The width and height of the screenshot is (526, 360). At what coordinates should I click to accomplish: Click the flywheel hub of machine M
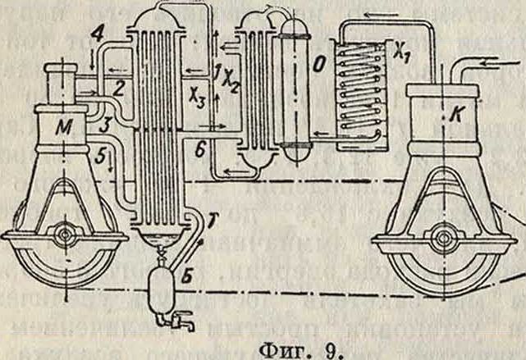coord(62,235)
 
